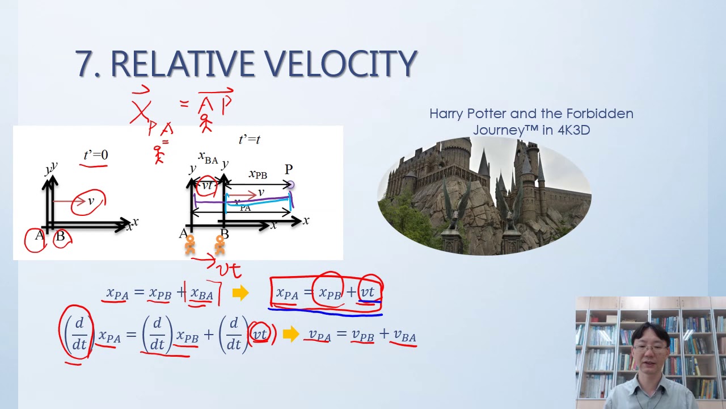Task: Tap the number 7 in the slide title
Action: [x=85, y=64]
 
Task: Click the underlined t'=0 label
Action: [x=95, y=155]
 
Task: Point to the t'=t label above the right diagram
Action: [x=250, y=139]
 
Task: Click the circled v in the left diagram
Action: [x=90, y=202]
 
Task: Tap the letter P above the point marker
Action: [x=289, y=169]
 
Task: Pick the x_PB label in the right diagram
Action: [x=258, y=174]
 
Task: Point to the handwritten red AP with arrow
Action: [x=215, y=103]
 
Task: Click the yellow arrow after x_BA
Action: [x=240, y=293]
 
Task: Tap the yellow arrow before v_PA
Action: [x=290, y=335]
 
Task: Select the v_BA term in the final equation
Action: [x=405, y=336]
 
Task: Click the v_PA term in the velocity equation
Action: [x=319, y=336]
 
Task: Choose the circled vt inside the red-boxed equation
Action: [x=368, y=292]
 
